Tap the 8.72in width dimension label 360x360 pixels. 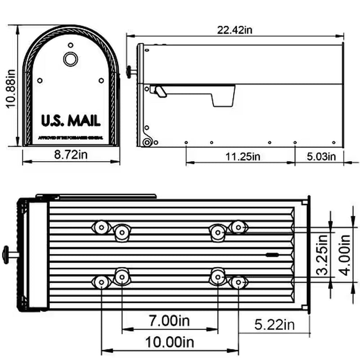(71, 155)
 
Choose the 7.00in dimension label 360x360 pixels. (169, 321)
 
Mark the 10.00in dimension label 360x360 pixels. (170, 342)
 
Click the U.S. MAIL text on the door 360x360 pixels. (71, 121)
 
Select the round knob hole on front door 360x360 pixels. (70, 58)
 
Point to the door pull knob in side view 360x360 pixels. (130, 71)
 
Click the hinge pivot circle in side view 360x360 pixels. (146, 143)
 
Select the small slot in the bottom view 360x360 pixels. (272, 255)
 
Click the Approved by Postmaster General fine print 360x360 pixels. (71, 136)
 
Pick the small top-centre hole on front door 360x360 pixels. (70, 45)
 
